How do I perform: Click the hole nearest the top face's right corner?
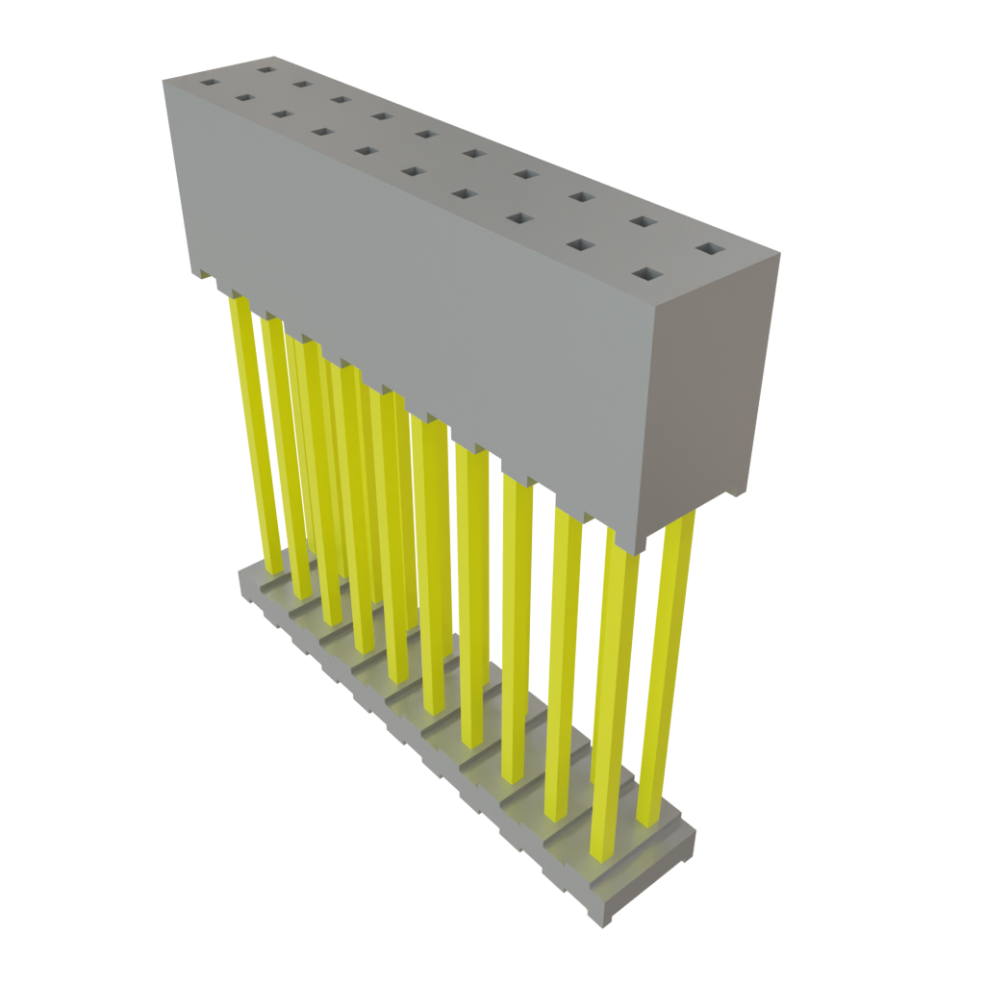[x=710, y=249]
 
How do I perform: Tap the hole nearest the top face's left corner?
[x=208, y=83]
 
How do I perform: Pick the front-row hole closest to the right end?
[x=645, y=275]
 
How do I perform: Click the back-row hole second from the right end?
[x=643, y=222]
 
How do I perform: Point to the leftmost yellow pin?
[x=255, y=433]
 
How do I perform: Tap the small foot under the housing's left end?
[x=205, y=276]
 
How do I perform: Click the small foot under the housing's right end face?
[x=737, y=494]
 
